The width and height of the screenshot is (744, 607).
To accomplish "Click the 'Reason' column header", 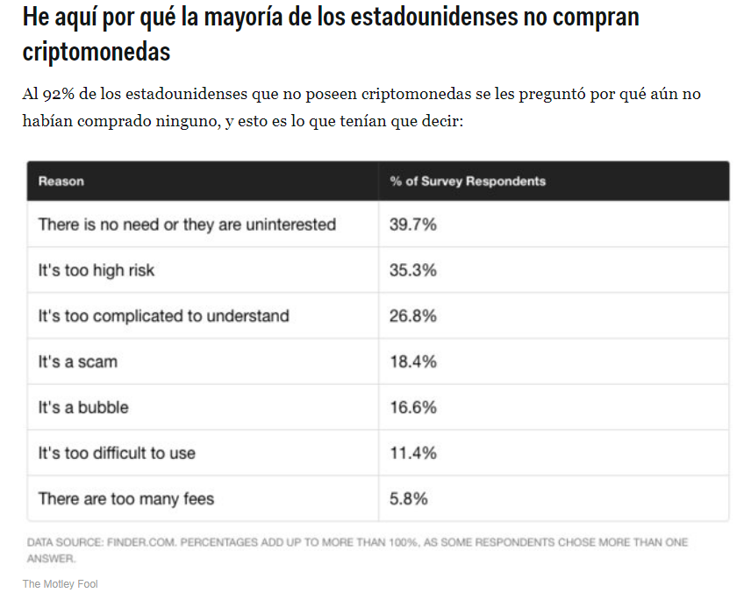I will click(61, 182).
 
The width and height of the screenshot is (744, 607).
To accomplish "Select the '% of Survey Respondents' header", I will click(468, 182).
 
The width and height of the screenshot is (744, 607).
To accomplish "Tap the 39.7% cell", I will click(413, 225).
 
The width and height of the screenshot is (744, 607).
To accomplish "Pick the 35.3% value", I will click(413, 270).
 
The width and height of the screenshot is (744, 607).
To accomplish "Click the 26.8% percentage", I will click(413, 316).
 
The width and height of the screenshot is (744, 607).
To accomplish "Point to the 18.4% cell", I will click(413, 361).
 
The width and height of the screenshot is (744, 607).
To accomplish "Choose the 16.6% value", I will click(413, 407).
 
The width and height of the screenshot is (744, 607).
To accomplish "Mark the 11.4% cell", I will click(413, 453).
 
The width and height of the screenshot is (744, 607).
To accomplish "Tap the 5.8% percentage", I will click(409, 498).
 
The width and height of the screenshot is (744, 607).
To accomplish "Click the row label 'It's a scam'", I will click(77, 361).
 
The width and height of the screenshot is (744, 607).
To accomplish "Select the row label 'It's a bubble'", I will click(83, 407).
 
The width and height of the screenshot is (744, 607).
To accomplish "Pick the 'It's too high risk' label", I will click(96, 270).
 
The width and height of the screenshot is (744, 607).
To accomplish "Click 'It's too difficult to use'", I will click(117, 453).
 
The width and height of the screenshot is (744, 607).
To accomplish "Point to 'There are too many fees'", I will click(126, 498).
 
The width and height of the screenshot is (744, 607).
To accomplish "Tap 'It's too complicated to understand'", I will click(163, 316).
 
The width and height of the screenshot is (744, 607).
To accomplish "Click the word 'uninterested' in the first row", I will click(290, 225).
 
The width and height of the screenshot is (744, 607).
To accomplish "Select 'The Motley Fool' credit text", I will click(61, 583).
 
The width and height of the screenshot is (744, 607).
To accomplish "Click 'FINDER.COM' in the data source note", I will click(142, 543).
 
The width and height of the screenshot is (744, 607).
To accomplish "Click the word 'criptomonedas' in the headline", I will click(97, 51).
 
